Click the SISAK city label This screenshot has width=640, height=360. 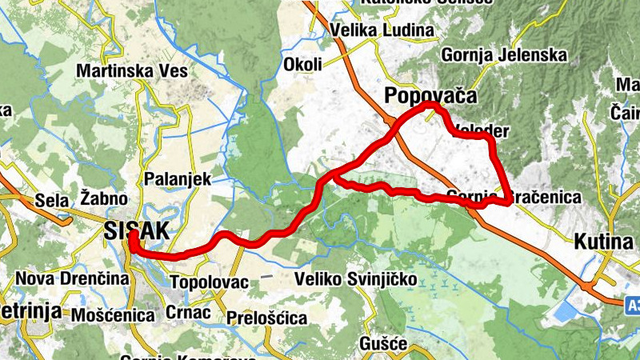tap(136, 231)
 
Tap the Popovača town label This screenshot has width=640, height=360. tap(430, 96)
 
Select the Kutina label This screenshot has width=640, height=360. tap(603, 240)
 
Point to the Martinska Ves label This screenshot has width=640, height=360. tap(132, 71)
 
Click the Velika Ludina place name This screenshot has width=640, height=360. tap(382, 31)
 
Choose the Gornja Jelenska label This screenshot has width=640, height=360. tap(503, 56)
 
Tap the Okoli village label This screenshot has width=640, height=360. tap(302, 64)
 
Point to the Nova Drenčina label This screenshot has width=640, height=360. tap(72, 279)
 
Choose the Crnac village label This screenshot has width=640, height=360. tap(190, 312)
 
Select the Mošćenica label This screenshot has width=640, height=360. tap(112, 315)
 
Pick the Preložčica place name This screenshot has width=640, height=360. tap(266, 318)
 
